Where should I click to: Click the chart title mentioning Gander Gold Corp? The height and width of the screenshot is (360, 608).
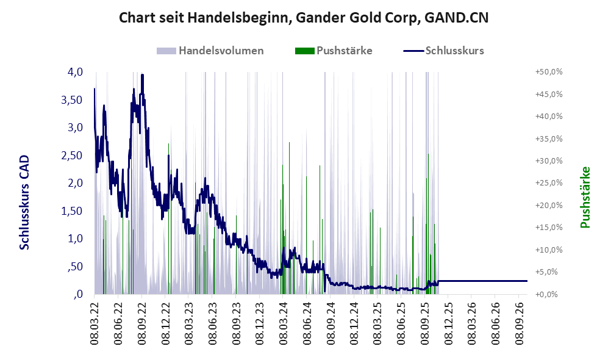tap(303, 18)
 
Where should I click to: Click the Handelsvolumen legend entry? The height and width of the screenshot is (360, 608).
tap(210, 51)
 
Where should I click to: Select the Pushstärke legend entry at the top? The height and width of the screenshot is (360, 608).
tap(334, 51)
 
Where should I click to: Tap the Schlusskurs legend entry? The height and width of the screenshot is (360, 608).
tap(443, 51)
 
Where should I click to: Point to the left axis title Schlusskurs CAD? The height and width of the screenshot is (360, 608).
tap(24, 202)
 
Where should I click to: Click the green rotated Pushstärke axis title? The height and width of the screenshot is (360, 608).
tap(585, 197)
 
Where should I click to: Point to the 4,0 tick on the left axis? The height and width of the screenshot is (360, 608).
tap(75, 72)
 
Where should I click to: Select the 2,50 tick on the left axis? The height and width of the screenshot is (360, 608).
tap(72, 155)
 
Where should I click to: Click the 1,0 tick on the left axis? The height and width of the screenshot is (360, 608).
tap(75, 238)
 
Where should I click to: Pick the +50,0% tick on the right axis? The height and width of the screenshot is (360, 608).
tap(549, 72)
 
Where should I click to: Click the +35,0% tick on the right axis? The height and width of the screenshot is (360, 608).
tap(549, 139)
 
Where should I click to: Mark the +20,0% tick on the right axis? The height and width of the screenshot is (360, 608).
tap(549, 205)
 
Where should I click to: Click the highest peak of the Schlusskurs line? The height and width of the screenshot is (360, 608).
tap(142, 74)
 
